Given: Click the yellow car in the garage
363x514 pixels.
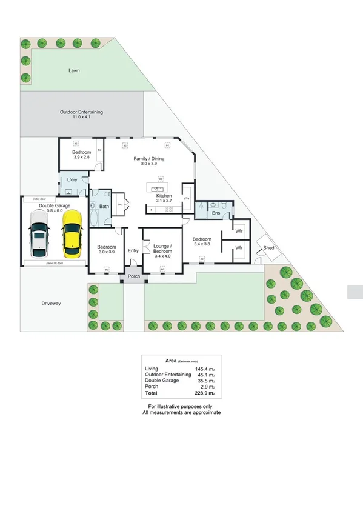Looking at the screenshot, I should click(x=72, y=233).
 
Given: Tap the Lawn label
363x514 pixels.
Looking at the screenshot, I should click(x=74, y=71).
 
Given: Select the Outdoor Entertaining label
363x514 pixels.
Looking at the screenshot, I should click(x=81, y=112).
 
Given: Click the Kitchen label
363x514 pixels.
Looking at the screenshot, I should click(x=164, y=196).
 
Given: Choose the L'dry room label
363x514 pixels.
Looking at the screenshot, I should click(x=72, y=179).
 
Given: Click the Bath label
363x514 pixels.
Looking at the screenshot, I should click(x=104, y=207).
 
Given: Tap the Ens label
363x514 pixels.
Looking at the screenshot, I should click(x=215, y=213).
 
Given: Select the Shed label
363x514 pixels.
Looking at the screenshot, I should click(x=268, y=247).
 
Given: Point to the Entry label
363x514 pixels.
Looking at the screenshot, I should click(x=133, y=250).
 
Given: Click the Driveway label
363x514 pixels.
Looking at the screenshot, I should click(x=52, y=303).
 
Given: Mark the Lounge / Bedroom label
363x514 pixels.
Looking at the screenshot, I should click(x=162, y=249).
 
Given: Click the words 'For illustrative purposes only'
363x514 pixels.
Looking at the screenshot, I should click(x=181, y=406).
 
